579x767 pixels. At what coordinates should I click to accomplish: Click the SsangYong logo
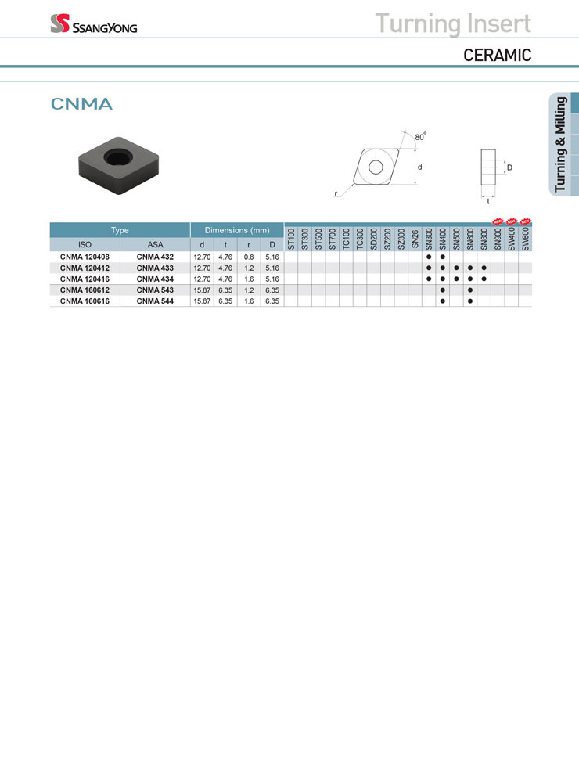coord(93,23)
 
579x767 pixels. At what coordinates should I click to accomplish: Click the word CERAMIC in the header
coord(497,55)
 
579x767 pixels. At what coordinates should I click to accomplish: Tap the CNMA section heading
coord(81,103)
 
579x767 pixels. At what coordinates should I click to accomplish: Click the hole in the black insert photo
coord(118,157)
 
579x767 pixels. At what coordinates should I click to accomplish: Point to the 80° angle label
coord(421,136)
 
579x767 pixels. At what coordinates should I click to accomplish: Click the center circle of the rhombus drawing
coord(376,167)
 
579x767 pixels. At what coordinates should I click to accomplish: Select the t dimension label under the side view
coord(488,201)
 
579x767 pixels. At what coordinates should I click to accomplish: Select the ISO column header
coord(85,244)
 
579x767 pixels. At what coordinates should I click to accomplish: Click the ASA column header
coord(155,244)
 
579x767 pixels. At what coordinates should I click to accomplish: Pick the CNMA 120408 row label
coord(85,257)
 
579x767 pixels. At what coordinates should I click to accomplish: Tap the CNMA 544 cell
coord(155,301)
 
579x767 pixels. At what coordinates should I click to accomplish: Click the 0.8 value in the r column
coord(249,257)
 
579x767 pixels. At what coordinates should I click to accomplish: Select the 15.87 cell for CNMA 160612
coord(202,290)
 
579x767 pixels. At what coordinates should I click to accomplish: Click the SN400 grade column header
coord(443,239)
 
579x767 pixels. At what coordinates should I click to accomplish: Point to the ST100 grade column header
coord(291,239)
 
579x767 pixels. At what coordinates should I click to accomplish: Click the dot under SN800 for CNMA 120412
coord(484,268)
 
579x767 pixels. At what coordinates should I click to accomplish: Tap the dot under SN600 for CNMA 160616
coord(470,301)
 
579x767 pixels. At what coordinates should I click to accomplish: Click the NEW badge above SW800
coord(525,221)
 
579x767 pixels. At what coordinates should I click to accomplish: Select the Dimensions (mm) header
coord(237,230)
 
